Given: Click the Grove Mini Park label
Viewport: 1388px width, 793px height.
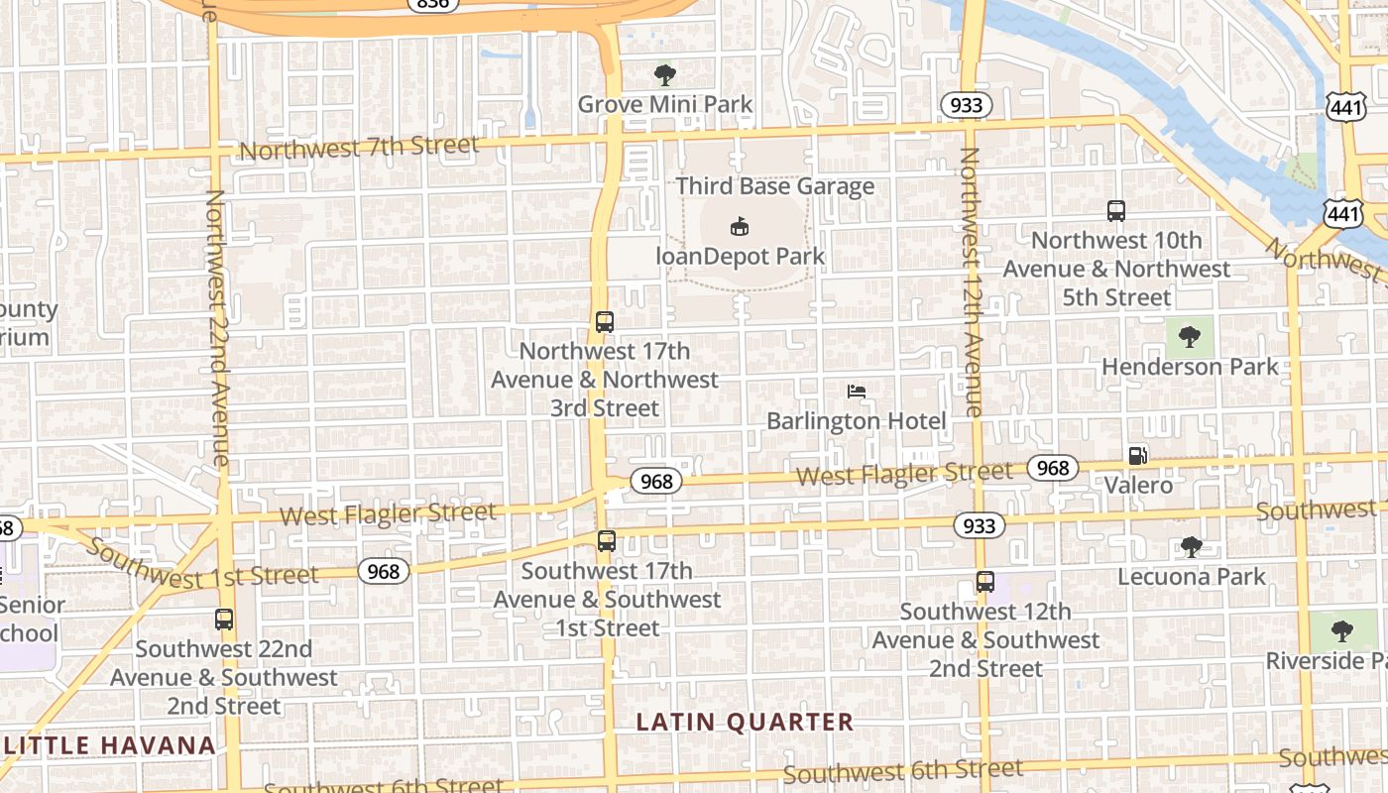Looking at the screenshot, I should point(665,104).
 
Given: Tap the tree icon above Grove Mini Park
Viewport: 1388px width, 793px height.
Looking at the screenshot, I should point(665,74).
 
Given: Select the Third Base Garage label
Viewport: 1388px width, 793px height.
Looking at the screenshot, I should point(775,186).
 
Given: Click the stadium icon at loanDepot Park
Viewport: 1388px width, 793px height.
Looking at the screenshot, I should point(740,227).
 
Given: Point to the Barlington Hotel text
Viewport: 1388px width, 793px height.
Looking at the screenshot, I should point(857,421).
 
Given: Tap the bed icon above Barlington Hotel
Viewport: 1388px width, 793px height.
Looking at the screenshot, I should point(857,393).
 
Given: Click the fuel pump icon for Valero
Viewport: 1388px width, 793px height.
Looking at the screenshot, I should point(1137,456).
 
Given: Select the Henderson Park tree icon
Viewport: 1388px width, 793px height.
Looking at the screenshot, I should point(1190,337).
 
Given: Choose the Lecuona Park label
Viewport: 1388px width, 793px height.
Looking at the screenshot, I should point(1192,576).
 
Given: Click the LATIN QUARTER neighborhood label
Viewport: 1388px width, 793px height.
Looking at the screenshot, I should point(745,722).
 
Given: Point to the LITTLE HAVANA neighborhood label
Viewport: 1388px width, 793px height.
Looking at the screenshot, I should point(109,745).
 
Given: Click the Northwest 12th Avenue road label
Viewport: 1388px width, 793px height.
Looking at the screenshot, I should point(970,282).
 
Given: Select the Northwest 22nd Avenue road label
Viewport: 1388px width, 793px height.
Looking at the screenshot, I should point(216,327).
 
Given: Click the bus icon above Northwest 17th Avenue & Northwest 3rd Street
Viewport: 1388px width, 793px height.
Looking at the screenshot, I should point(605,322).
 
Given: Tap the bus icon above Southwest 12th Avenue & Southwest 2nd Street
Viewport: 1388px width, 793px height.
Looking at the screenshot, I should point(984,582).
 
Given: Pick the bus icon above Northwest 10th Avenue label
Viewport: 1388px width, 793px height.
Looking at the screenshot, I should point(1116,210).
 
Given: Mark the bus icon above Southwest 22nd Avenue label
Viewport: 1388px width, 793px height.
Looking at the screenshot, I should point(224,620).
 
